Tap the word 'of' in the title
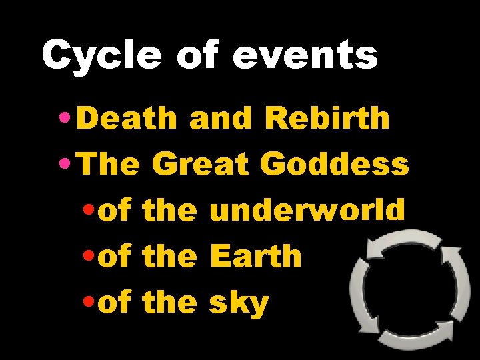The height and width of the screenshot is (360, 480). tap(197, 56)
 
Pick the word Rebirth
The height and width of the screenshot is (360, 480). tap(327, 119)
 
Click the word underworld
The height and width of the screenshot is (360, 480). tap(307, 211)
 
